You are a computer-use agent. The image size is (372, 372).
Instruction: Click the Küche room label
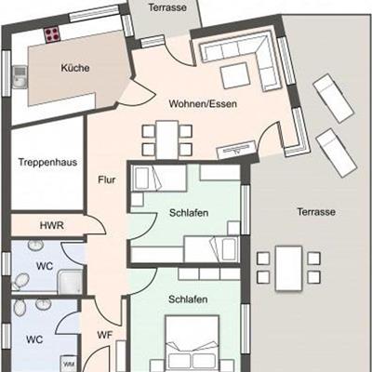pos(75,68)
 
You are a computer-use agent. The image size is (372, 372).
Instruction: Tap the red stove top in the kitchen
pos(52,34)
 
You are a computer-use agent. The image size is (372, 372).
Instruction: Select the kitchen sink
pos(20,77)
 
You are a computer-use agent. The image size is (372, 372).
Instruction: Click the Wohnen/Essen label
pos(203,103)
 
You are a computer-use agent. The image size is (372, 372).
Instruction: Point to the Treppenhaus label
pos(47,162)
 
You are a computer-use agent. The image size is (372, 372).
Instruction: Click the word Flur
pos(107,179)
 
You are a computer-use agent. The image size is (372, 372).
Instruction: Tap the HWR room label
pos(52,225)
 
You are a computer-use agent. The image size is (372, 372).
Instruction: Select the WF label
pos(104,335)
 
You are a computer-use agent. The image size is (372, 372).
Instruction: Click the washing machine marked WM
pos(69,364)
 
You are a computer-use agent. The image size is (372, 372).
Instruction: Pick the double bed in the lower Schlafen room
pos(193,343)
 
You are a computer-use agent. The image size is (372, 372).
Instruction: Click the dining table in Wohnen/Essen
pos(167,139)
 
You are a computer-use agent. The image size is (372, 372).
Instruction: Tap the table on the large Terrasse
pos(288,269)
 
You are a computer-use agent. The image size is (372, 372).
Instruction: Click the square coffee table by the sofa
pos(235,75)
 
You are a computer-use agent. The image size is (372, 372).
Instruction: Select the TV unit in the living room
pos(237,150)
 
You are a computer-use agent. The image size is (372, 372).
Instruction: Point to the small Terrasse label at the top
pos(167,7)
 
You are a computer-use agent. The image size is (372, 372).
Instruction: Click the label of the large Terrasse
pos(316,212)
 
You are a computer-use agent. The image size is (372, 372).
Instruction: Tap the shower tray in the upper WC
pos(71,282)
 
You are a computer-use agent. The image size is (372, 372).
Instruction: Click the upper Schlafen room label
pos(189,213)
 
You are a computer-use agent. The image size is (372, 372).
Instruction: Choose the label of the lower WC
pos(34,339)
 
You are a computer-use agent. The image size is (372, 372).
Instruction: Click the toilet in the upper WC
pos(20,282)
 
